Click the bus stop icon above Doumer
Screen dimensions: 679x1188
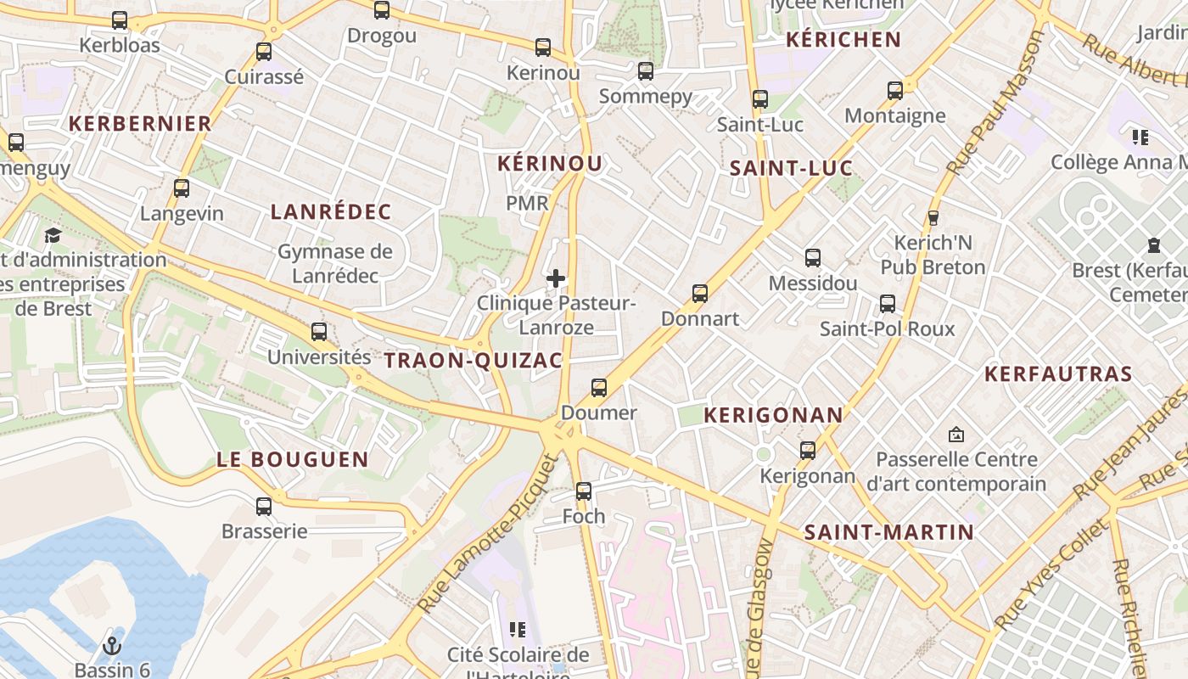599,388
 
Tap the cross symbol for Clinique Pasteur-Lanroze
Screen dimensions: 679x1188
556,278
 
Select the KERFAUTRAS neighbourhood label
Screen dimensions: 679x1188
1058,373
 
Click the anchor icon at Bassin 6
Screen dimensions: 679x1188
111,647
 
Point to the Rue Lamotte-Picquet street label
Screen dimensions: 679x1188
490,535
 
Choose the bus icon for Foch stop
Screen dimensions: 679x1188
584,491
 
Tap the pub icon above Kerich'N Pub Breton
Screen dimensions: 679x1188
933,218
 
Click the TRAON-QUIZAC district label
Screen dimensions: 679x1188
474,361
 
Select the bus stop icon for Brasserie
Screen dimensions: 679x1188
264,507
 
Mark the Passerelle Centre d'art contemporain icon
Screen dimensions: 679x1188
956,435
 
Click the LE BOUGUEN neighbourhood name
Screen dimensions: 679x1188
293,460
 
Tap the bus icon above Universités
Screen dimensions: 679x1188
319,331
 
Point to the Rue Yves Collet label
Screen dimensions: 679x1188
1051,575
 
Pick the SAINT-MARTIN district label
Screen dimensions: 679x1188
888,532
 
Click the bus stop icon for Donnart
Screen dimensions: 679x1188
700,294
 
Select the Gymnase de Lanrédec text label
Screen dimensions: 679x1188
335,263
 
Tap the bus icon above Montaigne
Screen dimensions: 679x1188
895,91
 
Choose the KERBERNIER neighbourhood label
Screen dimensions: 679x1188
140,123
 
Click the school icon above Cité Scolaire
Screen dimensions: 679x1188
518,629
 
